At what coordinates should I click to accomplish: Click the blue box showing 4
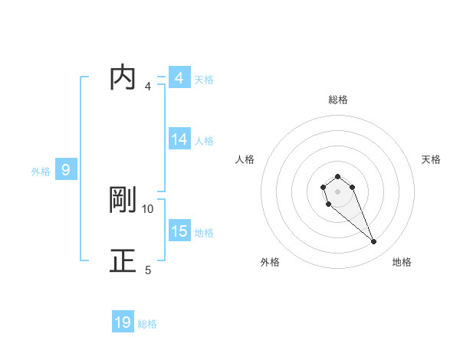pos(179,78)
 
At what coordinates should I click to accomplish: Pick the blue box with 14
pos(179,139)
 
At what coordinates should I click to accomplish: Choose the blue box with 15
pos(179,231)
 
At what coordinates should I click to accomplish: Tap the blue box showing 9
pos(66,170)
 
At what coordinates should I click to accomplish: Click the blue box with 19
pos(123,322)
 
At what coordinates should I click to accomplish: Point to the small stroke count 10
pos(148,208)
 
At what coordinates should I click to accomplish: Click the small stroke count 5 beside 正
pos(148,270)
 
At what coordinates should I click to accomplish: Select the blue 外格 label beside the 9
pos(41,172)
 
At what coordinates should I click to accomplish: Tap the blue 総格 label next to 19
pos(147,324)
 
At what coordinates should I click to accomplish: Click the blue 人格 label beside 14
pos(204,141)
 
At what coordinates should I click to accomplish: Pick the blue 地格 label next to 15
pos(204,233)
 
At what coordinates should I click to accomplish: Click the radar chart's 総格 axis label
pos(338,100)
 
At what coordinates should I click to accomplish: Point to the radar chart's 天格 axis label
pos(431,159)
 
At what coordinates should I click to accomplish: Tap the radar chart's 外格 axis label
pos(270,262)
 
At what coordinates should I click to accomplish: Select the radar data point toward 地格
pos(373,242)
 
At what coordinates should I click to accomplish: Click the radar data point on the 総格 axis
pos(337,177)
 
